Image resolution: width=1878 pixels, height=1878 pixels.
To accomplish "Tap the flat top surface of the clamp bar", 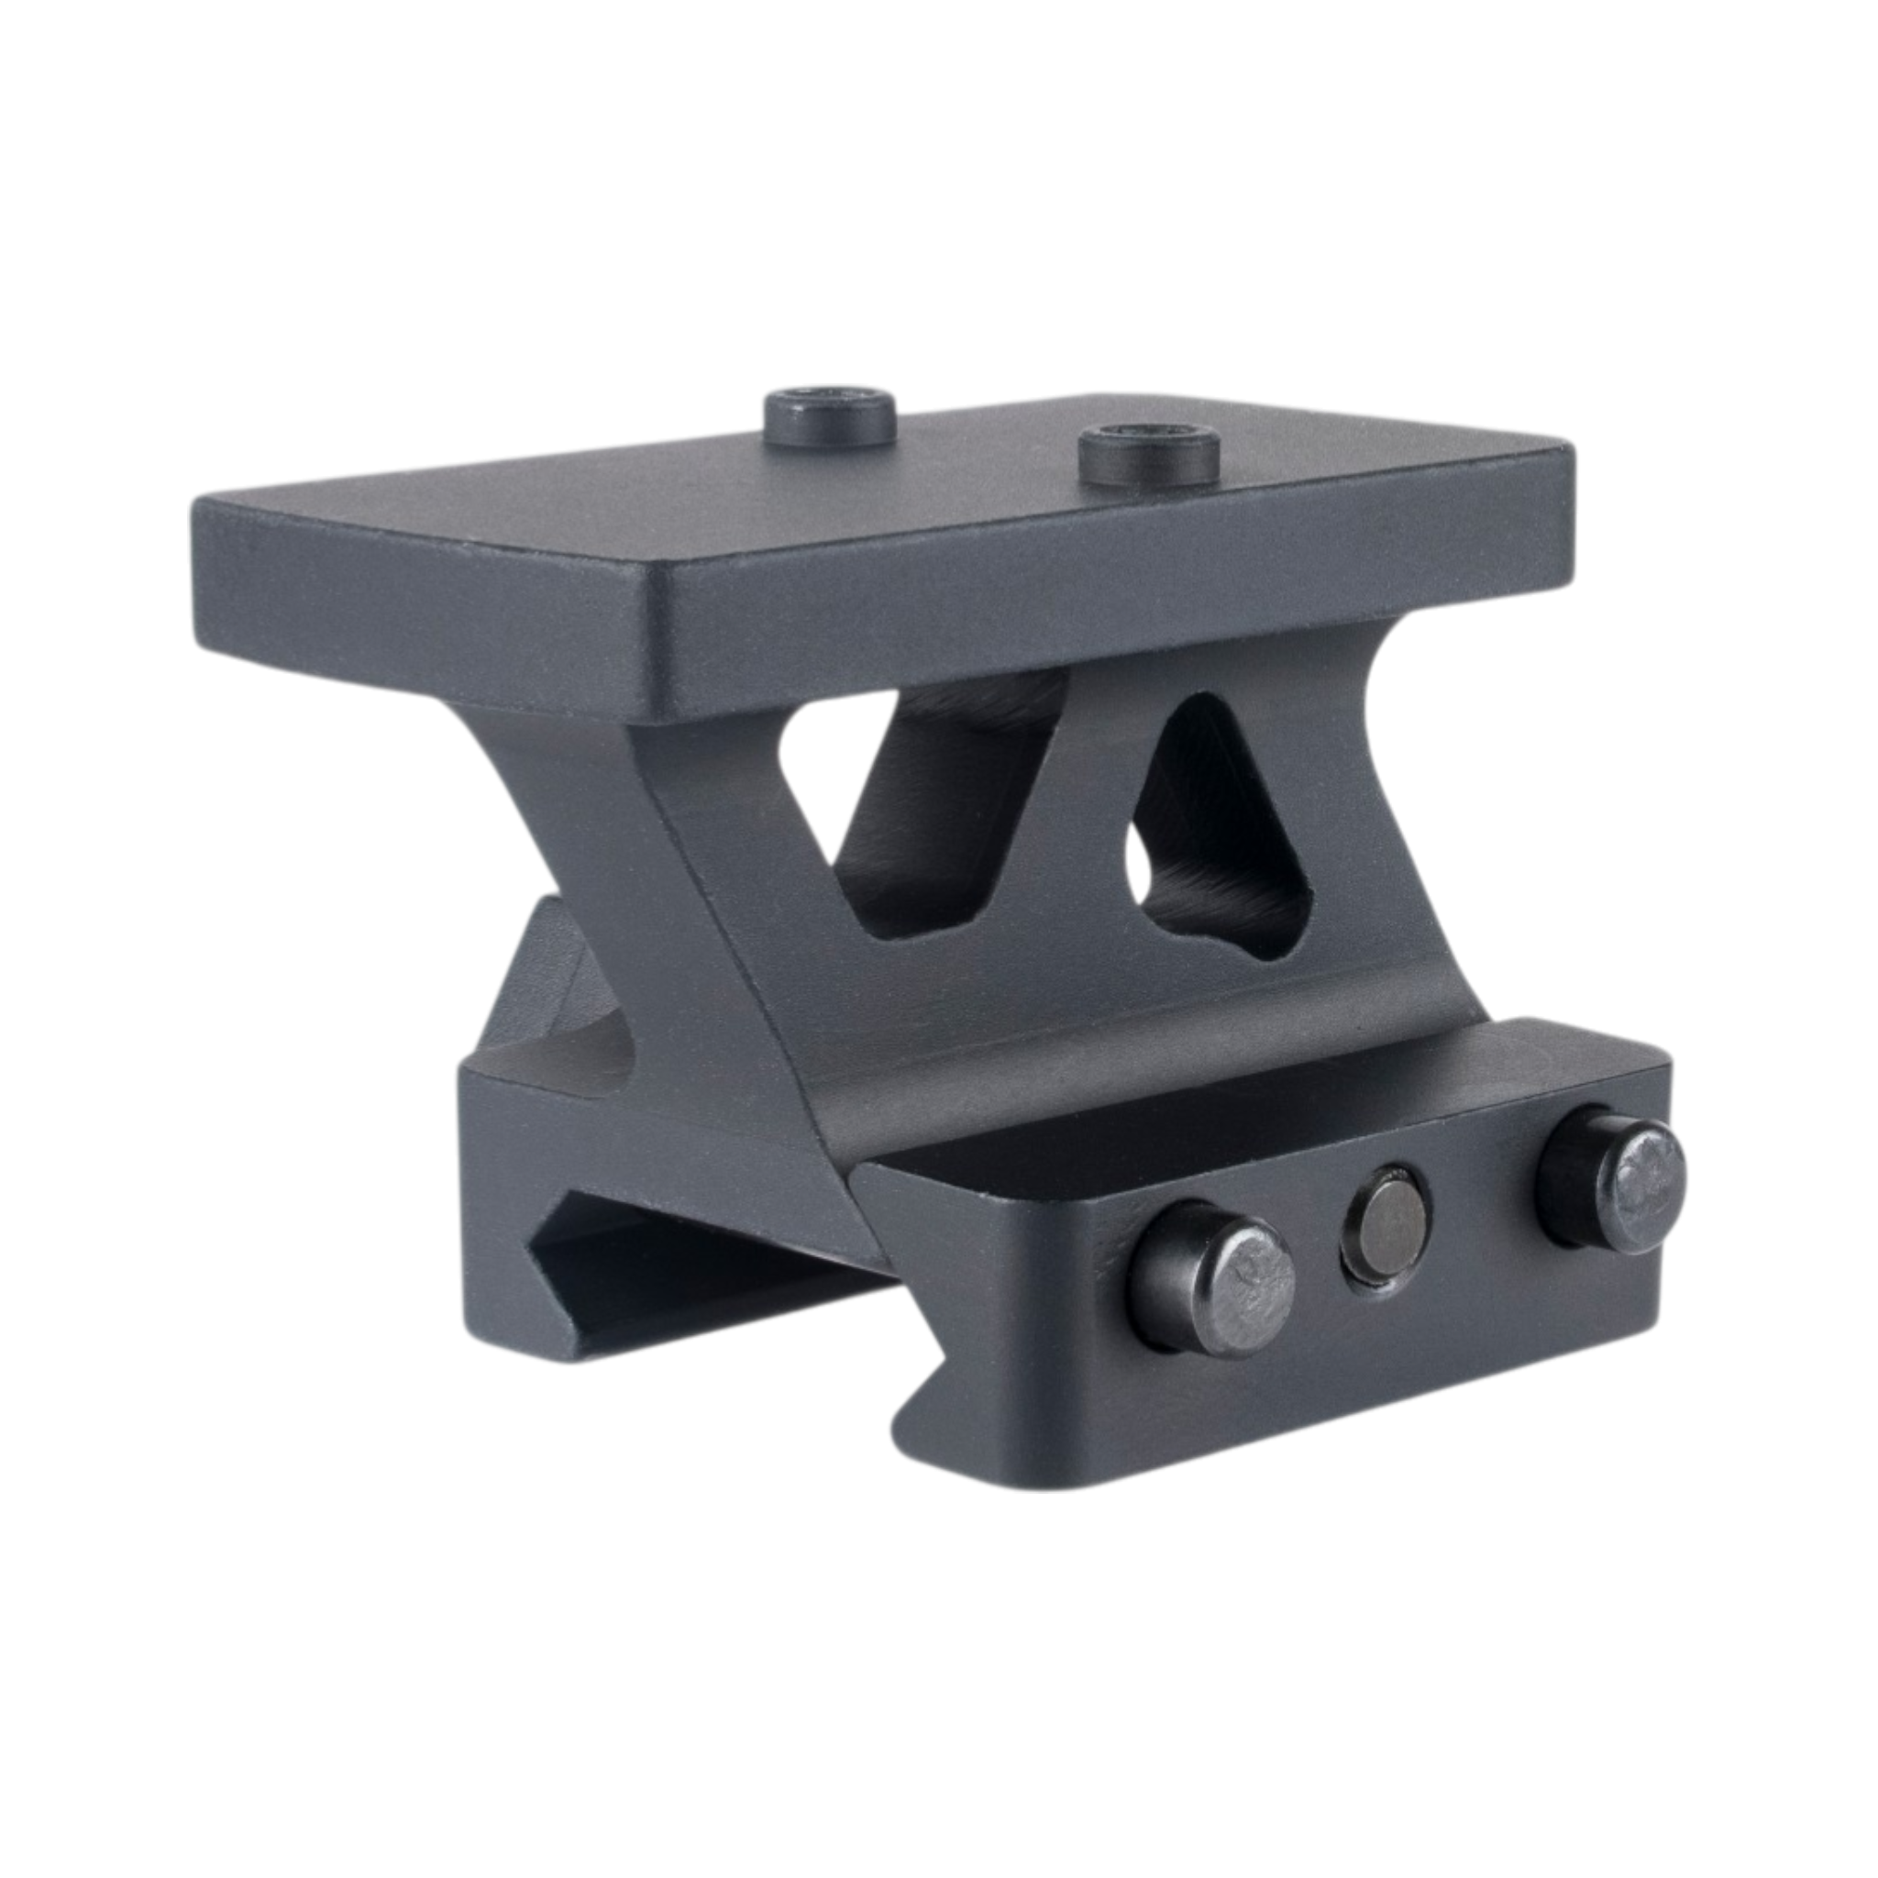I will [x=1215, y=1118].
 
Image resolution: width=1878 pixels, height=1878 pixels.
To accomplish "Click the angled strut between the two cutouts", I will [x=1079, y=826].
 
